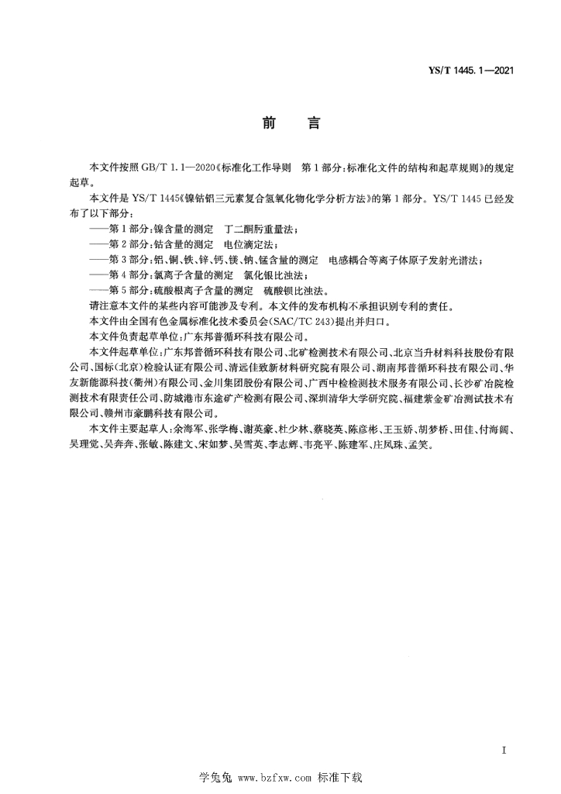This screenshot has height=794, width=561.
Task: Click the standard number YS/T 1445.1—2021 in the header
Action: pos(473,71)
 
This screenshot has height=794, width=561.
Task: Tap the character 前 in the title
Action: pos(269,124)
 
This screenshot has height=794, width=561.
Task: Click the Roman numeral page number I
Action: pos(504,751)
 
